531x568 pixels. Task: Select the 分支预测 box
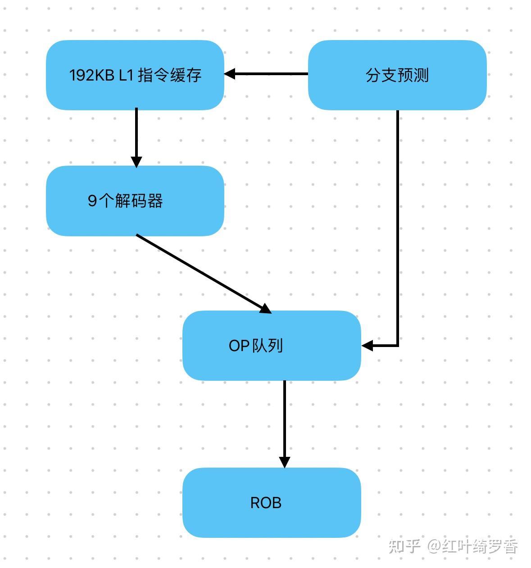coord(397,75)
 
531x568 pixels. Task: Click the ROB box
coord(272,502)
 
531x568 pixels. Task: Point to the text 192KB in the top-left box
coord(91,75)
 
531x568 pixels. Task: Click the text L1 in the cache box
coord(126,75)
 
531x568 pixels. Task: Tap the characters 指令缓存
coord(169,75)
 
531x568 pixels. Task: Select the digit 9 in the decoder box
coord(92,201)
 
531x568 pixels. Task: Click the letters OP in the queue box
coord(239,346)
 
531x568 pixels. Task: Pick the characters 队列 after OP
coord(269,346)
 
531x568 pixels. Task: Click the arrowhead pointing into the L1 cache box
coord(230,74)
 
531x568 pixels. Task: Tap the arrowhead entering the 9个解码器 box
coord(136,162)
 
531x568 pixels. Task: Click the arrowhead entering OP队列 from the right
coord(368,346)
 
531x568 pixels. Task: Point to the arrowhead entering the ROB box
coord(284,462)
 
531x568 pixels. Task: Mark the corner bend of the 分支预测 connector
coord(398,345)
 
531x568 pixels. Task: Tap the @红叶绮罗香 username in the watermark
coord(473,546)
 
